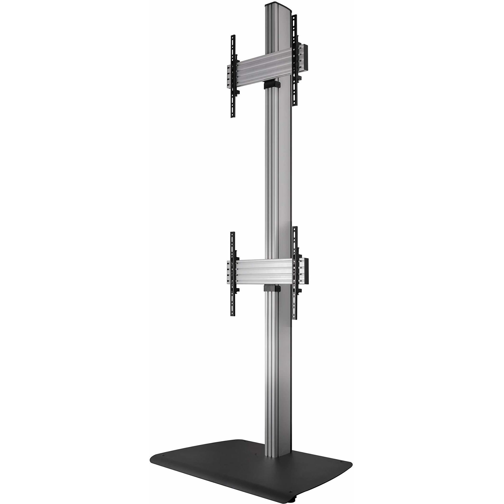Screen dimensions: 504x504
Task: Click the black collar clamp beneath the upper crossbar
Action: coord(272,85)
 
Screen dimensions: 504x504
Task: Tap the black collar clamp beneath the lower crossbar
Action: coord(272,289)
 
